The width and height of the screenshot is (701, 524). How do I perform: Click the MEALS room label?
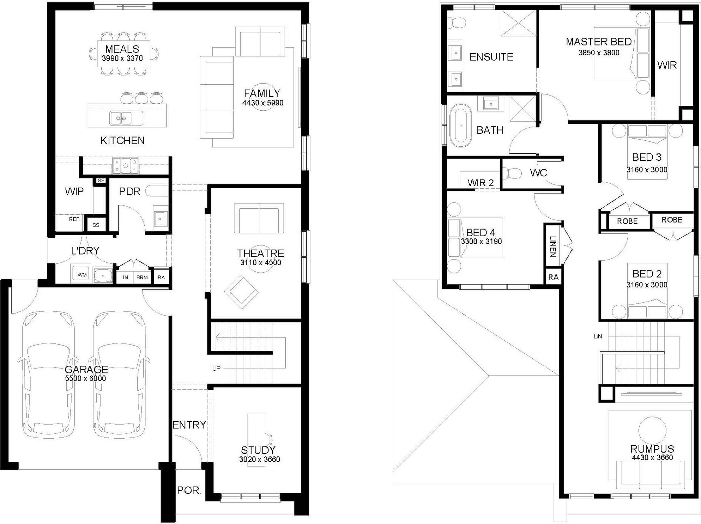[x=122, y=49]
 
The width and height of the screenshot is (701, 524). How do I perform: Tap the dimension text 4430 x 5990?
[x=263, y=103]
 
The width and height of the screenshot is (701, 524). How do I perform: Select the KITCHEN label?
[x=122, y=140]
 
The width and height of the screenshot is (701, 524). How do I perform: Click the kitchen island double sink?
[x=121, y=118]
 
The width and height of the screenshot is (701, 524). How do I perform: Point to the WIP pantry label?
[x=74, y=191]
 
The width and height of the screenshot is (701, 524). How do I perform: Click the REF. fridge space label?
[x=75, y=219]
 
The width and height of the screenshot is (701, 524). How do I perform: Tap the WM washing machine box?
[x=82, y=274]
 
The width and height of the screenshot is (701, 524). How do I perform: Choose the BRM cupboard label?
[x=142, y=278]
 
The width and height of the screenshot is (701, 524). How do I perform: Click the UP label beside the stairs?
[x=216, y=368]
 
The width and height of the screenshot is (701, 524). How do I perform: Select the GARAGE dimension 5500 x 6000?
[x=86, y=378]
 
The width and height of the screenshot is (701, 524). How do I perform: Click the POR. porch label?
[x=189, y=490]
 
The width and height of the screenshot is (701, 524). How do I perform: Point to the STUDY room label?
[x=258, y=450]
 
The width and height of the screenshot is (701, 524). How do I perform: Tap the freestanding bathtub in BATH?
[x=460, y=125]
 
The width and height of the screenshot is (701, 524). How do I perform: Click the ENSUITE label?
[x=491, y=57]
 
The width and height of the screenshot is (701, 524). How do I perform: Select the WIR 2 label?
[x=480, y=182]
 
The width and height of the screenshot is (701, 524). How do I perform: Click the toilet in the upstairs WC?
[x=511, y=173]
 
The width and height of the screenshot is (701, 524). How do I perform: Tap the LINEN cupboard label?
[x=553, y=246]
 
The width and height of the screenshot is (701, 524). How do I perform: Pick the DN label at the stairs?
[x=598, y=336]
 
